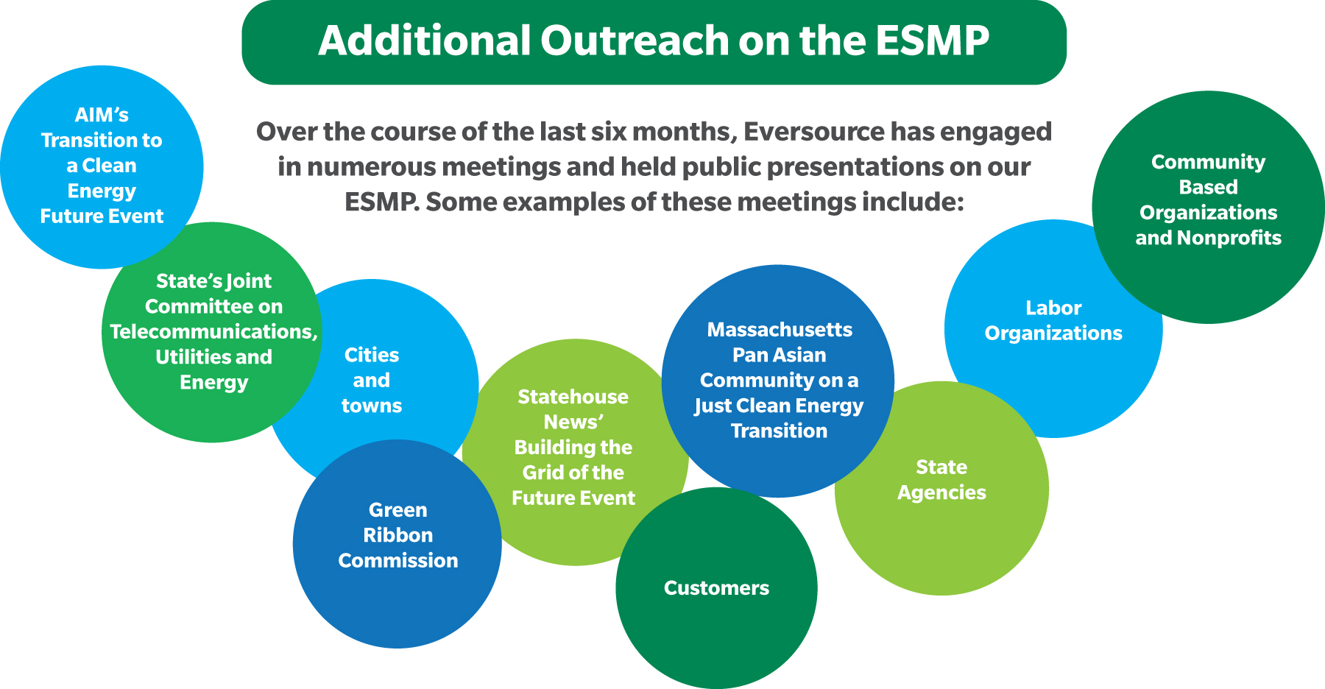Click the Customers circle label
tap(716, 588)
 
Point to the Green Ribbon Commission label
tap(398, 535)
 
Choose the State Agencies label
tap(941, 480)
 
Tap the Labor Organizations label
tap(1053, 321)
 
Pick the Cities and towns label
tap(372, 381)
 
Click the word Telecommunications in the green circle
tap(213, 332)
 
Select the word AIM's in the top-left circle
tap(102, 116)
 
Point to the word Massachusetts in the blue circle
tap(780, 330)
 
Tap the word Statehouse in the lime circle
tap(573, 397)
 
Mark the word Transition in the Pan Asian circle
tap(780, 431)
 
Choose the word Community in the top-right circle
tap(1209, 163)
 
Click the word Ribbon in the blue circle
tap(398, 535)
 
